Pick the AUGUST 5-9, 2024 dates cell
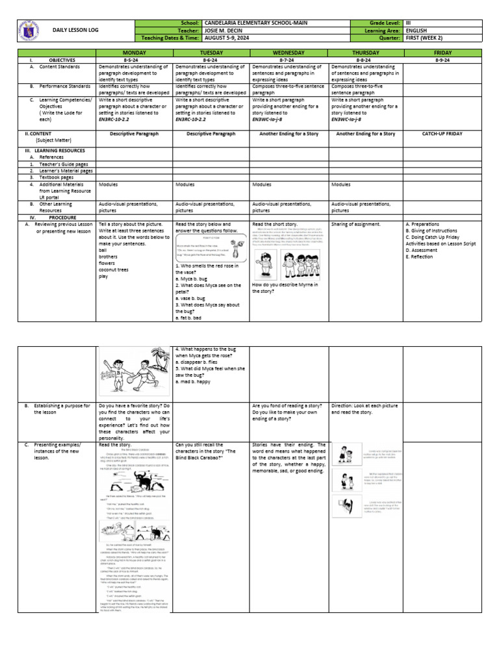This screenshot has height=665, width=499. [227, 38]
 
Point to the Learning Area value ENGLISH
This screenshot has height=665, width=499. [416, 31]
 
